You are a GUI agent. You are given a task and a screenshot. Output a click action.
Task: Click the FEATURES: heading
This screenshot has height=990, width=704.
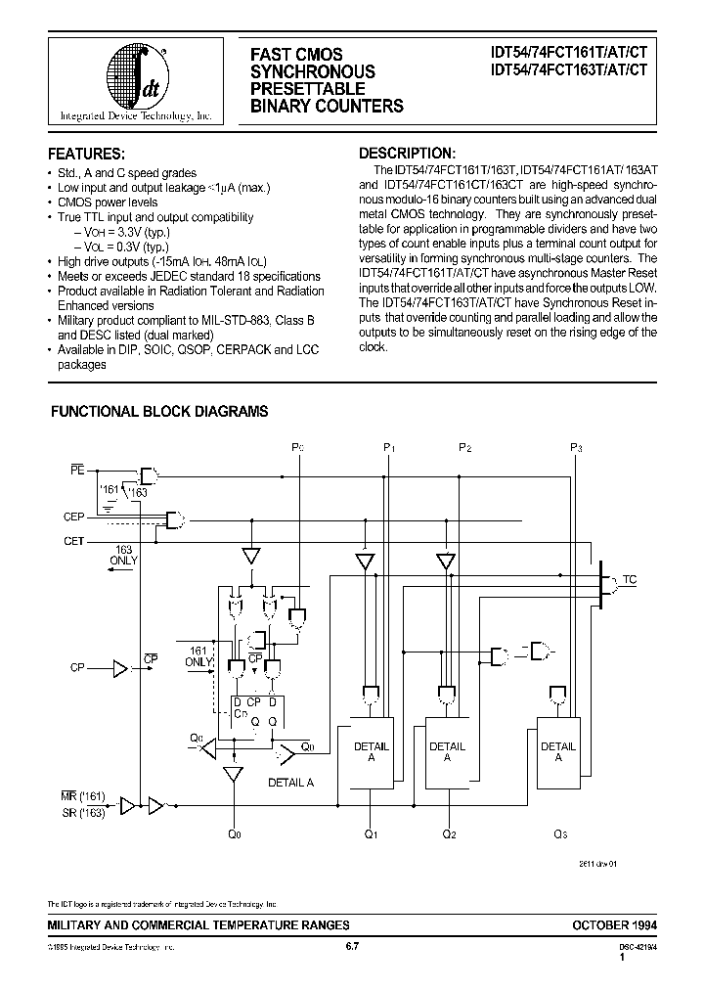87,155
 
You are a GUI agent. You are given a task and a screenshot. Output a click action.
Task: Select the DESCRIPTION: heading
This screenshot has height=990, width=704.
407,154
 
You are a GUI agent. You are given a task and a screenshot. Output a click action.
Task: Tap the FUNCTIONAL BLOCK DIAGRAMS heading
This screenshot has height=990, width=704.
159,413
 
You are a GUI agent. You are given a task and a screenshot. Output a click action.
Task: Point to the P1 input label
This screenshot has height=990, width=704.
388,448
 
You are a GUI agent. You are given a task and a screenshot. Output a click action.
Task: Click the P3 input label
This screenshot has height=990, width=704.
576,448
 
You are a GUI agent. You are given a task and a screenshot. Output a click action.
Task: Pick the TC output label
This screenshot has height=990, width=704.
630,580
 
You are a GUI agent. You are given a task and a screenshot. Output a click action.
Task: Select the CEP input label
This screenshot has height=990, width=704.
74,517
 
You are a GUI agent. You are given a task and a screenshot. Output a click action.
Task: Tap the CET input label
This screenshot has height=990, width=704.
74,541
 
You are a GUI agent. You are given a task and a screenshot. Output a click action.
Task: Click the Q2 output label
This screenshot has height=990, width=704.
448,834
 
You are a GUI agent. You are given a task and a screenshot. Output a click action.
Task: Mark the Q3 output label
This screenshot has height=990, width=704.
559,834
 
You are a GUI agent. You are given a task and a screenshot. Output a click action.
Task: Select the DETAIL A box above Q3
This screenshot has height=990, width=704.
558,752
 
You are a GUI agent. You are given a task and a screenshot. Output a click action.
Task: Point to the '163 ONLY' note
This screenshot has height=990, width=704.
125,555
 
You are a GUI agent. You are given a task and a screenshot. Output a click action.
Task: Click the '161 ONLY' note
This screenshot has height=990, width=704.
199,655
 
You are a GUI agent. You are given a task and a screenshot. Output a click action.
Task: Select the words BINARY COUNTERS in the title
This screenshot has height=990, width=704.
326,106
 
